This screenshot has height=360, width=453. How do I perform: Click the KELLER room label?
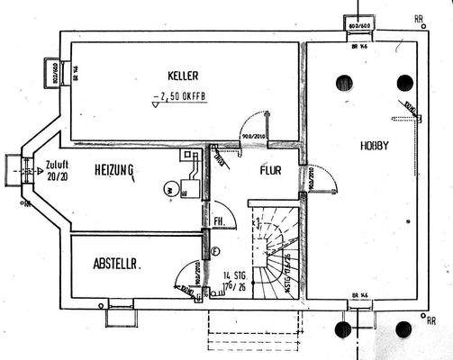[x=182, y=76]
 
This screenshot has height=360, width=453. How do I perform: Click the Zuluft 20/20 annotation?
[x=55, y=171]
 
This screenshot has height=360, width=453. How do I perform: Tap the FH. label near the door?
[x=219, y=220]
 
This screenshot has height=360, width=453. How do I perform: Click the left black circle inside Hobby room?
[x=343, y=83]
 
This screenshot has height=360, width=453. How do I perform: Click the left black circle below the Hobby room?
[x=343, y=329]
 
